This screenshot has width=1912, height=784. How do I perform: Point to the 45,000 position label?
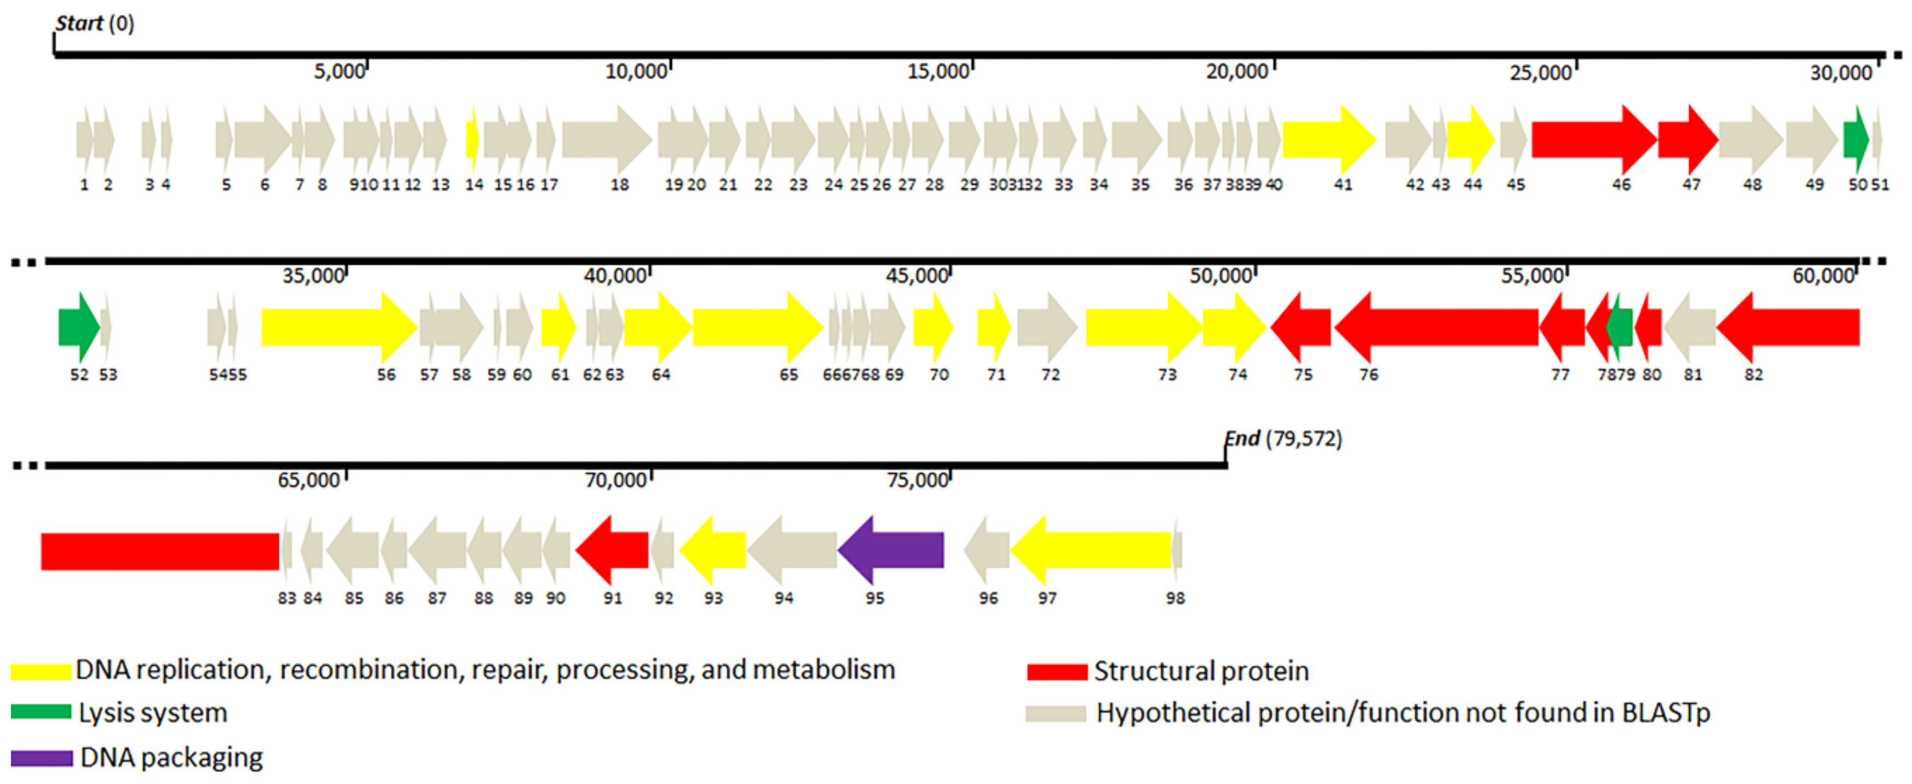point(917,276)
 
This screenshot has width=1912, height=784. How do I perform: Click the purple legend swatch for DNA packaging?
point(42,758)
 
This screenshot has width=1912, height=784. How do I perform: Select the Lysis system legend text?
point(153,713)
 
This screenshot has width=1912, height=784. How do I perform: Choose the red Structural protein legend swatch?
point(1057,672)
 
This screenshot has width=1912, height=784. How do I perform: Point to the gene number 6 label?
point(264,186)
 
